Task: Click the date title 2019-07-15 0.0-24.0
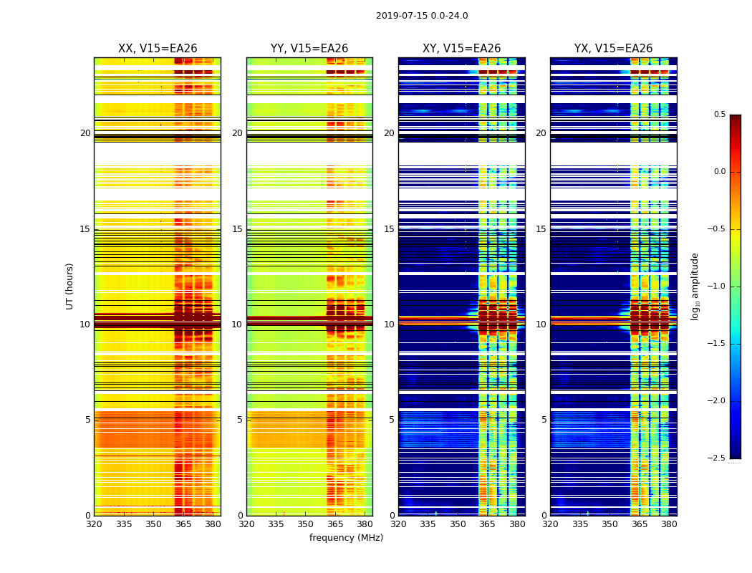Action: pyautogui.click(x=422, y=16)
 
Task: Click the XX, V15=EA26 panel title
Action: pyautogui.click(x=158, y=49)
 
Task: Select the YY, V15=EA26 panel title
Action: pyautogui.click(x=309, y=49)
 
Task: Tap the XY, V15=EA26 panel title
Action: pyautogui.click(x=461, y=49)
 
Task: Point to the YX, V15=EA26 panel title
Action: pyautogui.click(x=613, y=49)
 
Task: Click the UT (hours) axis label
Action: pyautogui.click(x=70, y=286)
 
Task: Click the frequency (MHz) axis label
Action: pyautogui.click(x=346, y=538)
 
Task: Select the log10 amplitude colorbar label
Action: pyautogui.click(x=695, y=286)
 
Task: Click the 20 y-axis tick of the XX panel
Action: pyautogui.click(x=85, y=133)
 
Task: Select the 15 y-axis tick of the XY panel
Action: pyautogui.click(x=389, y=229)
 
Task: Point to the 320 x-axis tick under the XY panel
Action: pyautogui.click(x=398, y=524)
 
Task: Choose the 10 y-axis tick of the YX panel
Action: pyautogui.click(x=541, y=324)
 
